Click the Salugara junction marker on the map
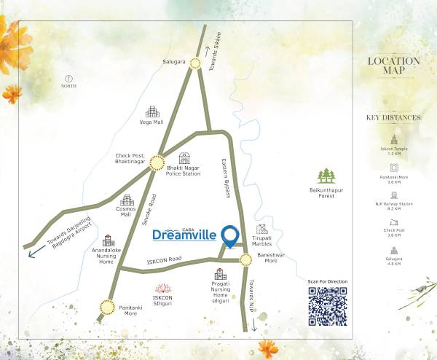coord(195,63)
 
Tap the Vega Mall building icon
coord(152,112)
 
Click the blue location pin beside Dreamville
coord(231,235)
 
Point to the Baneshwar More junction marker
coord(245,257)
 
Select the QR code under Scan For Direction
coord(327,306)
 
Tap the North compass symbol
coord(69,77)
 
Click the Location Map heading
coord(394,66)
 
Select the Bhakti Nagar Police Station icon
coord(184,158)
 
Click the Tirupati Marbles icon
coord(261,230)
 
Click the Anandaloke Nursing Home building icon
coord(109,240)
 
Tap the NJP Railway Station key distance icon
coord(394,195)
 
